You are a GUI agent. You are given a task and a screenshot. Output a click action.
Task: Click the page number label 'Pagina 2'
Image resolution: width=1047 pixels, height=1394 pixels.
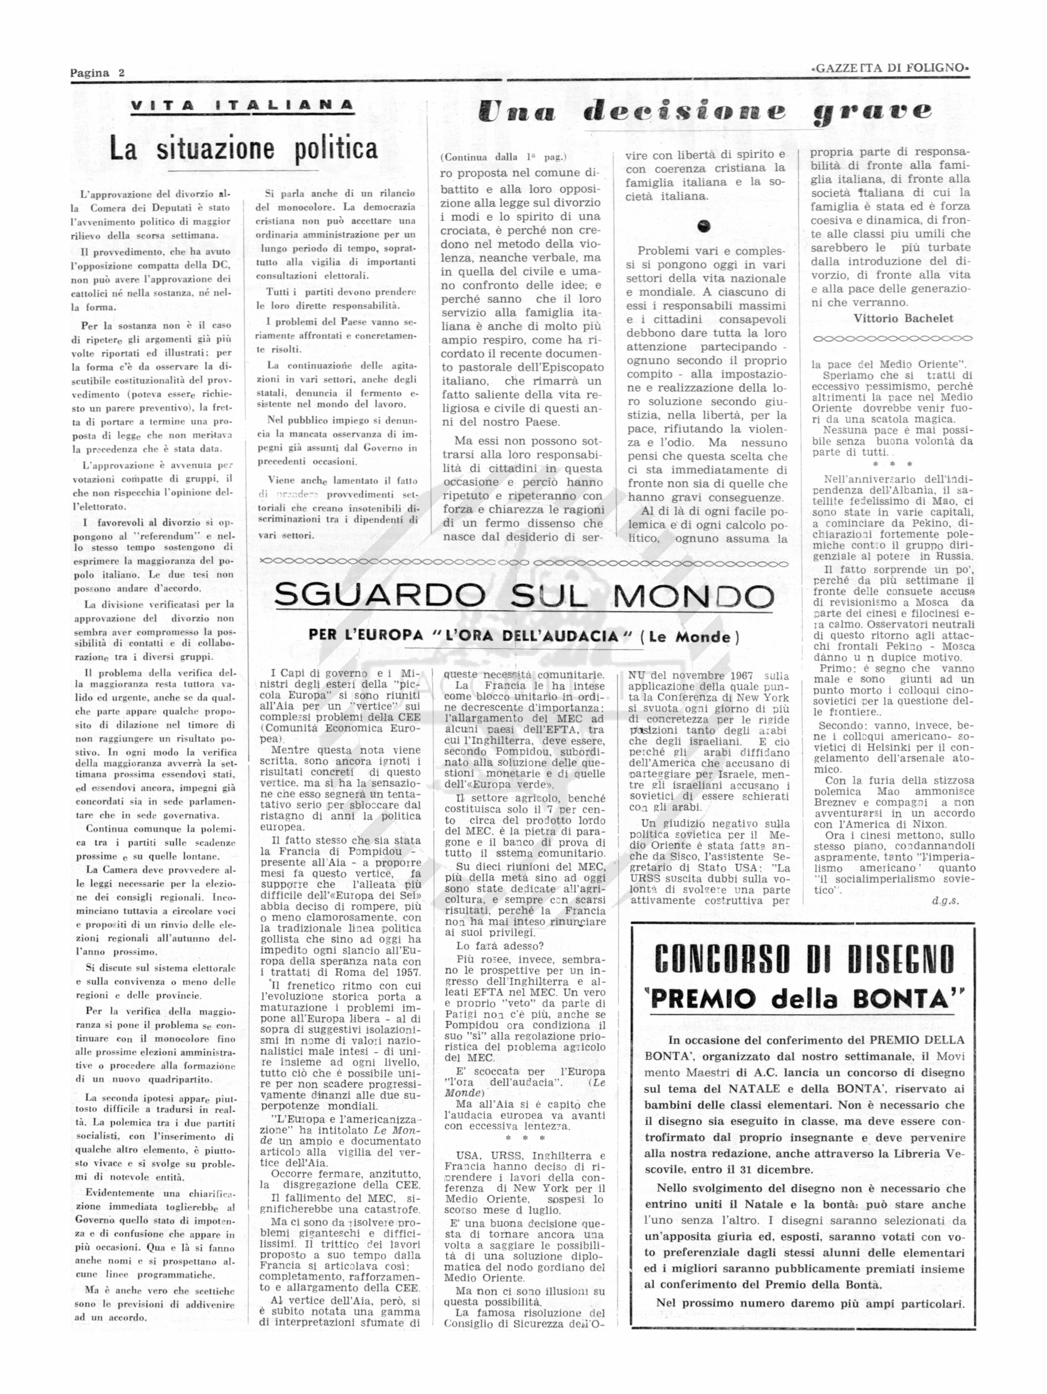tap(97, 72)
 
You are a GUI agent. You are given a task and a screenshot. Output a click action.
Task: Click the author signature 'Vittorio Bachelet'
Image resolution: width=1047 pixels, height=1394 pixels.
tap(903, 318)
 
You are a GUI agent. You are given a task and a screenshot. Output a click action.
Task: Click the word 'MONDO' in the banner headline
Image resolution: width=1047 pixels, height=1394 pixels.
tap(694, 595)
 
